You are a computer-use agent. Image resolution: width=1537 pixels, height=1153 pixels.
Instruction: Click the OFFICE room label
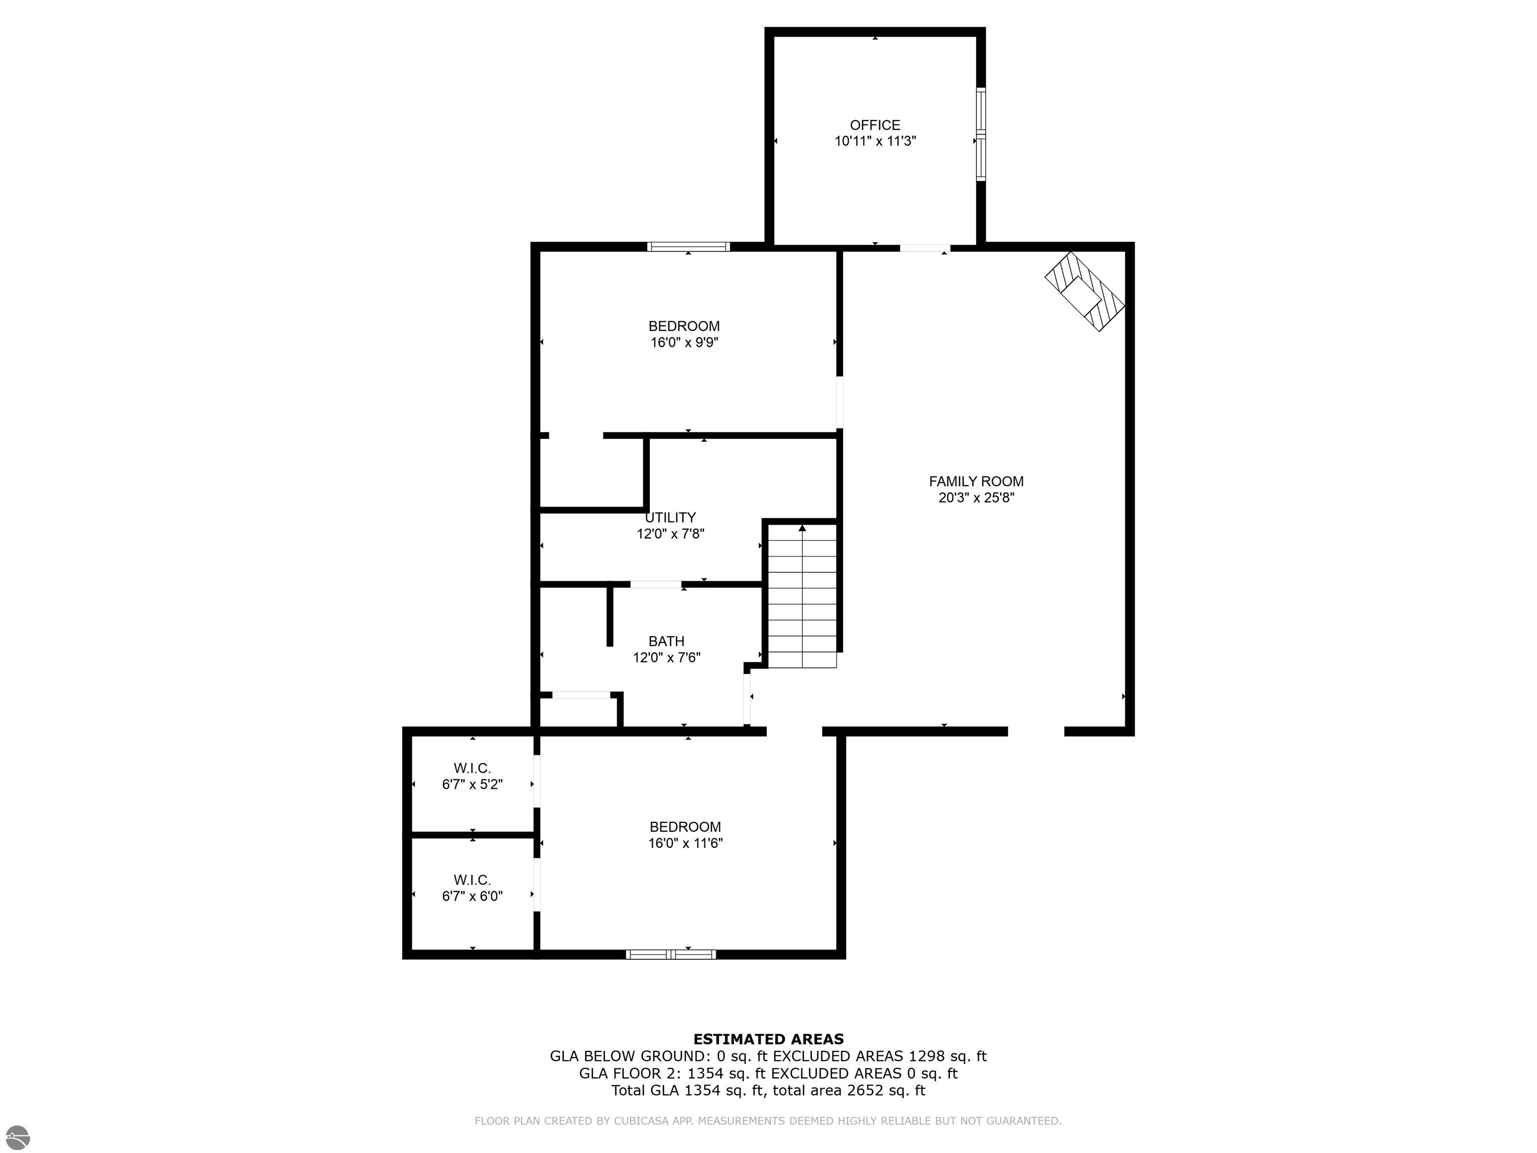875,125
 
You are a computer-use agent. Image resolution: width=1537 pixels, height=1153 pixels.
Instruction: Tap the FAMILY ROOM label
976,481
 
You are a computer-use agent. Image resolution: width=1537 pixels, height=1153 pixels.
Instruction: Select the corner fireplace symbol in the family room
1085,291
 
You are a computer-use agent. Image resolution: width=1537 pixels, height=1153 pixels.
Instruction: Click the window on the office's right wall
981,134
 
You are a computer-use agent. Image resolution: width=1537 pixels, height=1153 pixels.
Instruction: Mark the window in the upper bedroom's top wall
688,246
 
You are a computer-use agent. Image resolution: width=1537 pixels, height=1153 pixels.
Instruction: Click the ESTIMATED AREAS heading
768,1039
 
